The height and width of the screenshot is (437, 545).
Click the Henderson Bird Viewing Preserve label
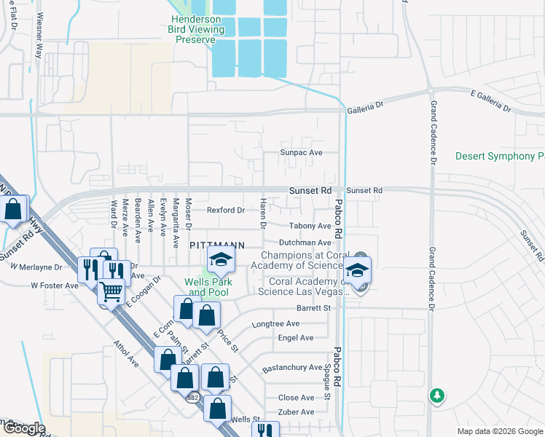tap(195, 29)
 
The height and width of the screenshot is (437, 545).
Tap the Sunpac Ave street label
tap(302, 153)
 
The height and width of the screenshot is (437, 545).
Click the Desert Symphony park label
tap(500, 157)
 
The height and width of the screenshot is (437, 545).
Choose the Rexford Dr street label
tap(225, 210)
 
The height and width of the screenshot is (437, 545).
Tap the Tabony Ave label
tap(310, 227)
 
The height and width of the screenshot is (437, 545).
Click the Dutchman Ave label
tap(305, 243)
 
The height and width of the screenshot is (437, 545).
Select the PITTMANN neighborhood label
tap(216, 246)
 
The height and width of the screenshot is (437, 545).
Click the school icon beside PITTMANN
tap(221, 259)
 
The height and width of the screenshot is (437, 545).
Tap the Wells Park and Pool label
tap(206, 287)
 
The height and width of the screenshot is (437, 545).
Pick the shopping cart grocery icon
tap(111, 292)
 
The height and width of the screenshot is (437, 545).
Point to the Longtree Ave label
tap(275, 323)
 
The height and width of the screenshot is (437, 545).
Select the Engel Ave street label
tap(296, 338)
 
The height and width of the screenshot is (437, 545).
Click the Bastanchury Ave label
tap(291, 368)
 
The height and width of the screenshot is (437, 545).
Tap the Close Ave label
tap(296, 398)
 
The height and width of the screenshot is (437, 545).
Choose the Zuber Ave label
tap(296, 412)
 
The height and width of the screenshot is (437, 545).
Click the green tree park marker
tap(436, 395)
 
